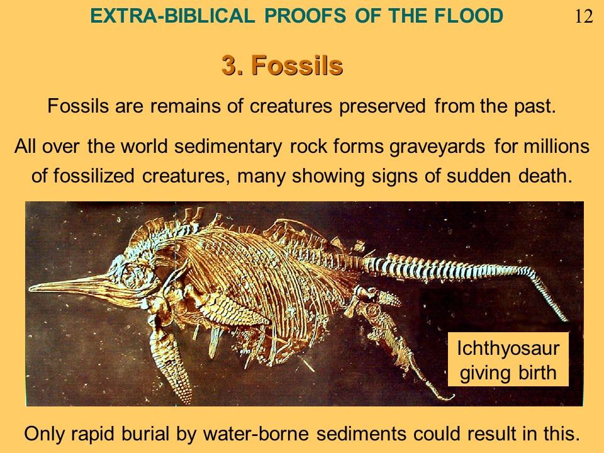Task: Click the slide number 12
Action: [584, 16]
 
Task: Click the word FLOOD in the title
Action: [468, 16]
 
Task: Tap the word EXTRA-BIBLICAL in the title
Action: [172, 16]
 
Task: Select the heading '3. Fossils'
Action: [282, 65]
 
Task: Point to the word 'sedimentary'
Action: [228, 147]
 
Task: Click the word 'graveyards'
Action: [437, 147]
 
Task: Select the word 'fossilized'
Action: [94, 176]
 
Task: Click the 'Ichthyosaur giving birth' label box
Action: [508, 359]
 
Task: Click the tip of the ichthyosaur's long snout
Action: [30, 287]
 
